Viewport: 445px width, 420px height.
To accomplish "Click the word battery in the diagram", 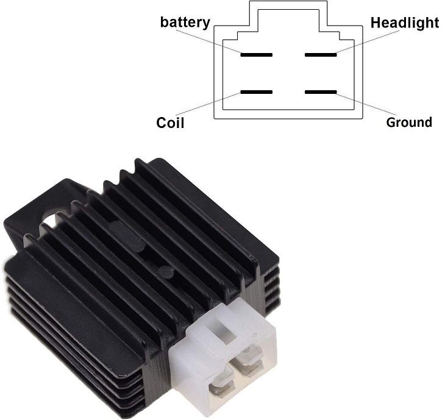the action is pos(185,23).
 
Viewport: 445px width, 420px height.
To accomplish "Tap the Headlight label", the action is pos(405,23).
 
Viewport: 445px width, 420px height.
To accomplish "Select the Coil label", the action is pos(170,123).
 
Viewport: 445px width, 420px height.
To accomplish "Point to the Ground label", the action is pos(409,123).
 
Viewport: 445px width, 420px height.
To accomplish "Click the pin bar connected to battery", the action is pos(257,55).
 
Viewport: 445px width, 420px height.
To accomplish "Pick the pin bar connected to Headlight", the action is pos(321,55).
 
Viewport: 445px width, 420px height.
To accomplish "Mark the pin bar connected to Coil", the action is pos(257,92).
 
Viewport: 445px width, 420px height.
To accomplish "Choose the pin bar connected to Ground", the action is pos(321,92).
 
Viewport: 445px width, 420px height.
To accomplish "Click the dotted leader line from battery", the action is pos(208,41).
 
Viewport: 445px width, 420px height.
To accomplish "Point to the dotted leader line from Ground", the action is pos(366,104).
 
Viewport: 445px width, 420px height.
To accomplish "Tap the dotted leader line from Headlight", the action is pos(368,41).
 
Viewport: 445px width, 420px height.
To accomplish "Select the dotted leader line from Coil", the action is pos(208,104).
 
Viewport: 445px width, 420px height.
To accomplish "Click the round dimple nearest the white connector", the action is pos(166,272).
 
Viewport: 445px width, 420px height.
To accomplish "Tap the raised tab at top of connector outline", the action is pos(288,13).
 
